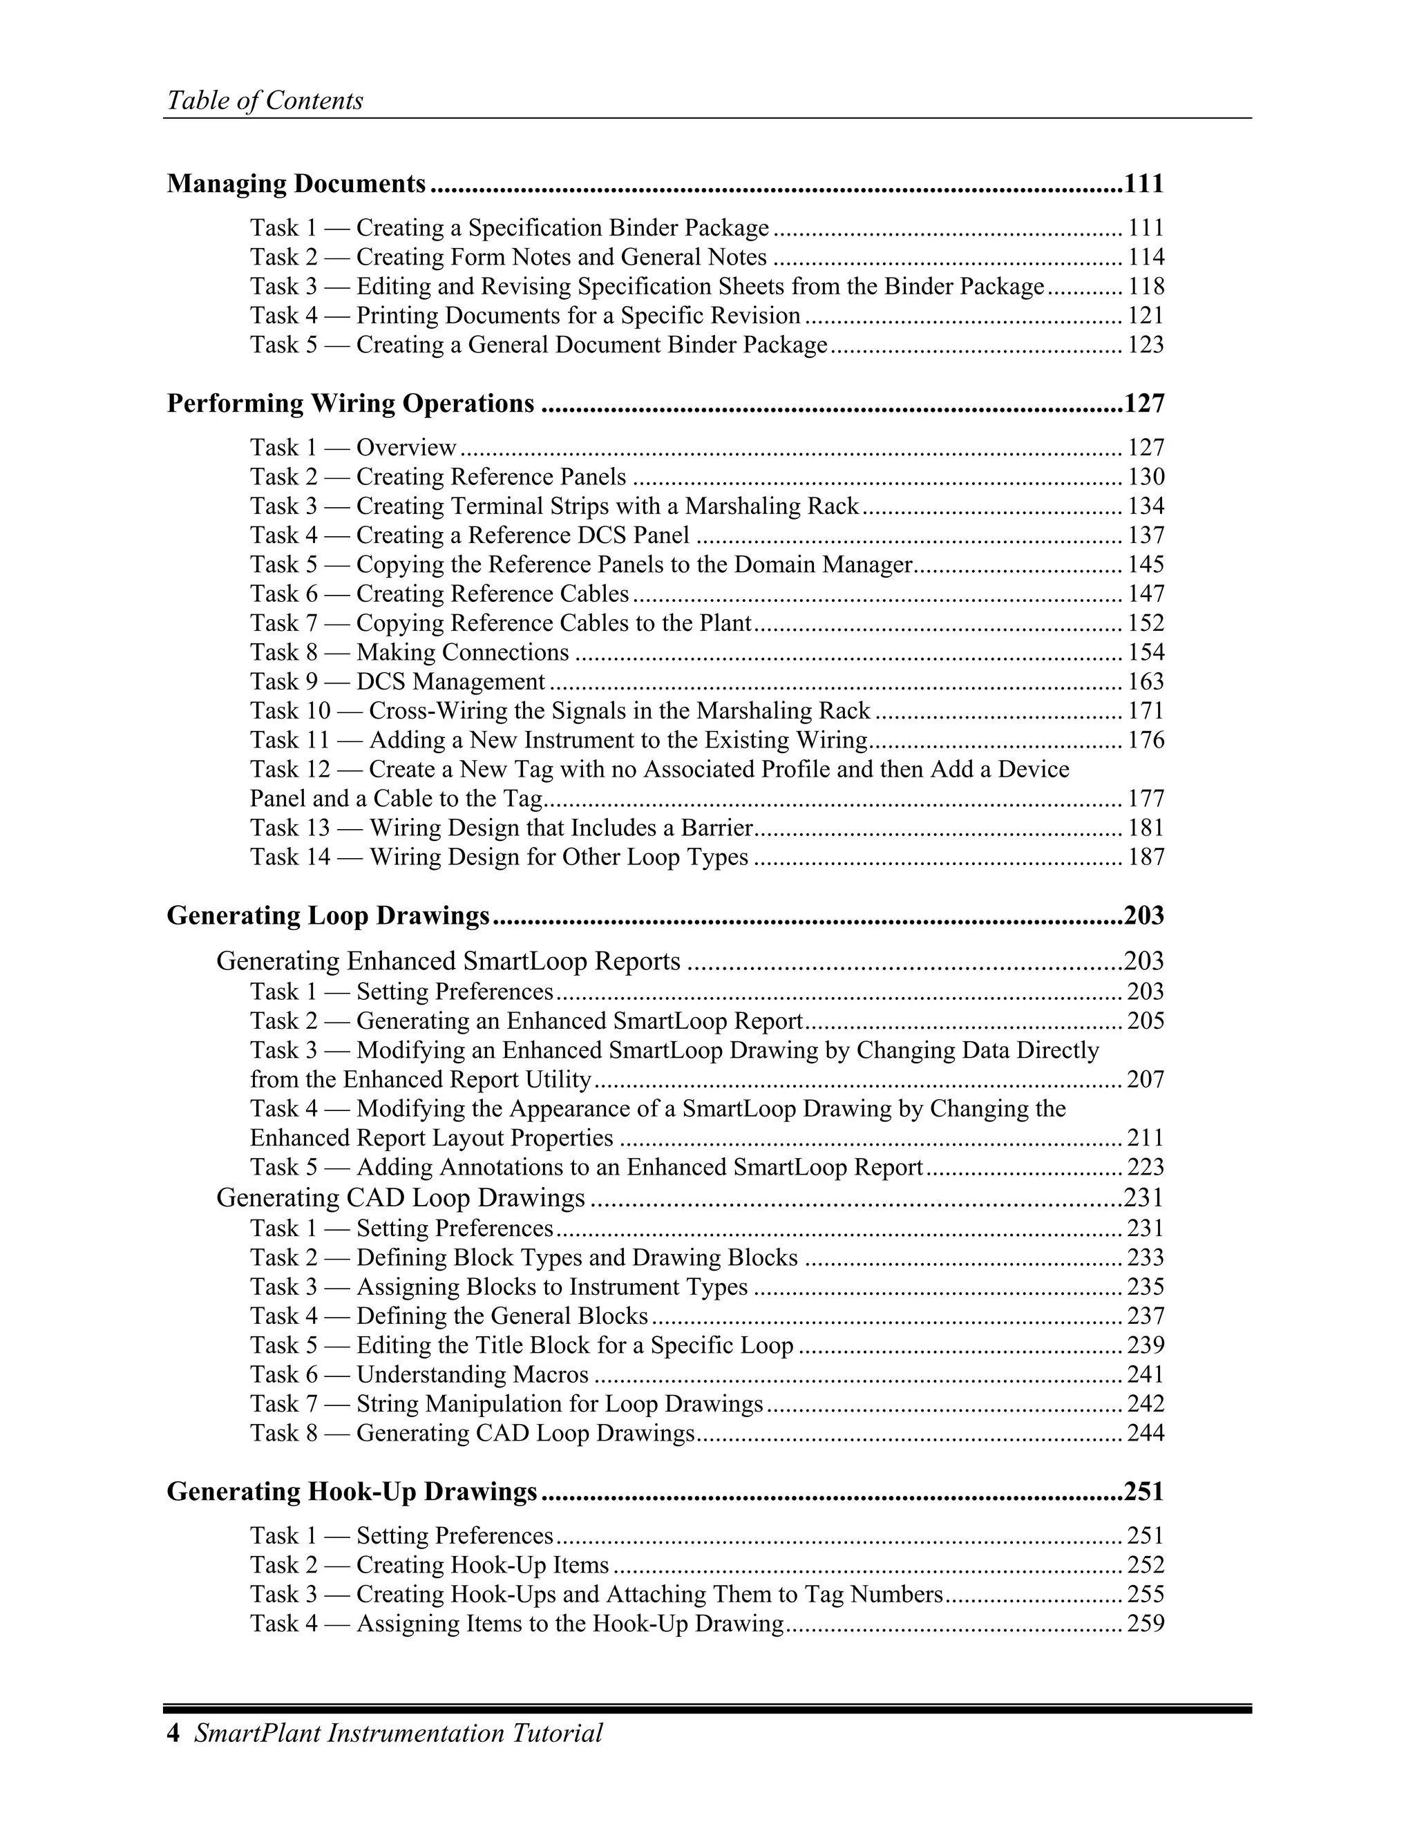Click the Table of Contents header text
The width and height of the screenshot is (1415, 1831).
pyautogui.click(x=265, y=101)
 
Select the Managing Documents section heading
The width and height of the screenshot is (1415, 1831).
pyautogui.click(x=296, y=183)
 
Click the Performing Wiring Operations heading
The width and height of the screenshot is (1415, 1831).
pyautogui.click(x=350, y=404)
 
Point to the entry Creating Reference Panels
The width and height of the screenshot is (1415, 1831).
pyautogui.click(x=437, y=477)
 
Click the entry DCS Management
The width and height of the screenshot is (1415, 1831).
pyautogui.click(x=397, y=681)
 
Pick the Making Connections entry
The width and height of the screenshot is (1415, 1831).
pyautogui.click(x=409, y=652)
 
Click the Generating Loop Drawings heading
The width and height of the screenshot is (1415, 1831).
pyautogui.click(x=327, y=915)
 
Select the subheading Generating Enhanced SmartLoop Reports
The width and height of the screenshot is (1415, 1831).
pyautogui.click(x=448, y=961)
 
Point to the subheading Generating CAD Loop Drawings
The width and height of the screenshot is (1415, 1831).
pyautogui.click(x=401, y=1197)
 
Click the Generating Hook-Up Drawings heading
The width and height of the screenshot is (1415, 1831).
pyautogui.click(x=352, y=1492)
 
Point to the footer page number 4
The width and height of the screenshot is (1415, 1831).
pyautogui.click(x=173, y=1733)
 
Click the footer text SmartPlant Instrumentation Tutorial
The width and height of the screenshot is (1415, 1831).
pyautogui.click(x=398, y=1733)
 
